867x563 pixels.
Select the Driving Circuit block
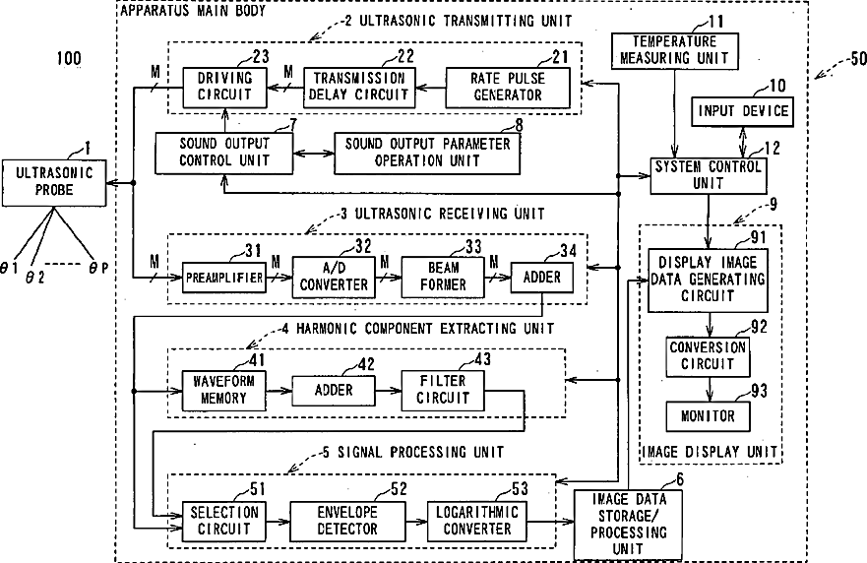[x=224, y=87]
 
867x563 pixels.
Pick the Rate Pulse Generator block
[x=508, y=87]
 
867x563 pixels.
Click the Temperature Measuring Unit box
[x=674, y=50]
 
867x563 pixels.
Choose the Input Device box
[x=743, y=111]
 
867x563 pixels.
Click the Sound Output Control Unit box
[x=224, y=151]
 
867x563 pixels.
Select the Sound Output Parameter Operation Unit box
[x=428, y=151]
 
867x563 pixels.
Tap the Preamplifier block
[x=224, y=278]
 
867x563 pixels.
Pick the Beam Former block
[x=444, y=278]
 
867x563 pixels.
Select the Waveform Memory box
[x=224, y=392]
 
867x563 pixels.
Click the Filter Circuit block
[x=443, y=392]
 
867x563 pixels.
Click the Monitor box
[x=708, y=416]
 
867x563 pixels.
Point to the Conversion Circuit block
[x=708, y=355]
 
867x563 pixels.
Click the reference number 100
[x=69, y=59]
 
